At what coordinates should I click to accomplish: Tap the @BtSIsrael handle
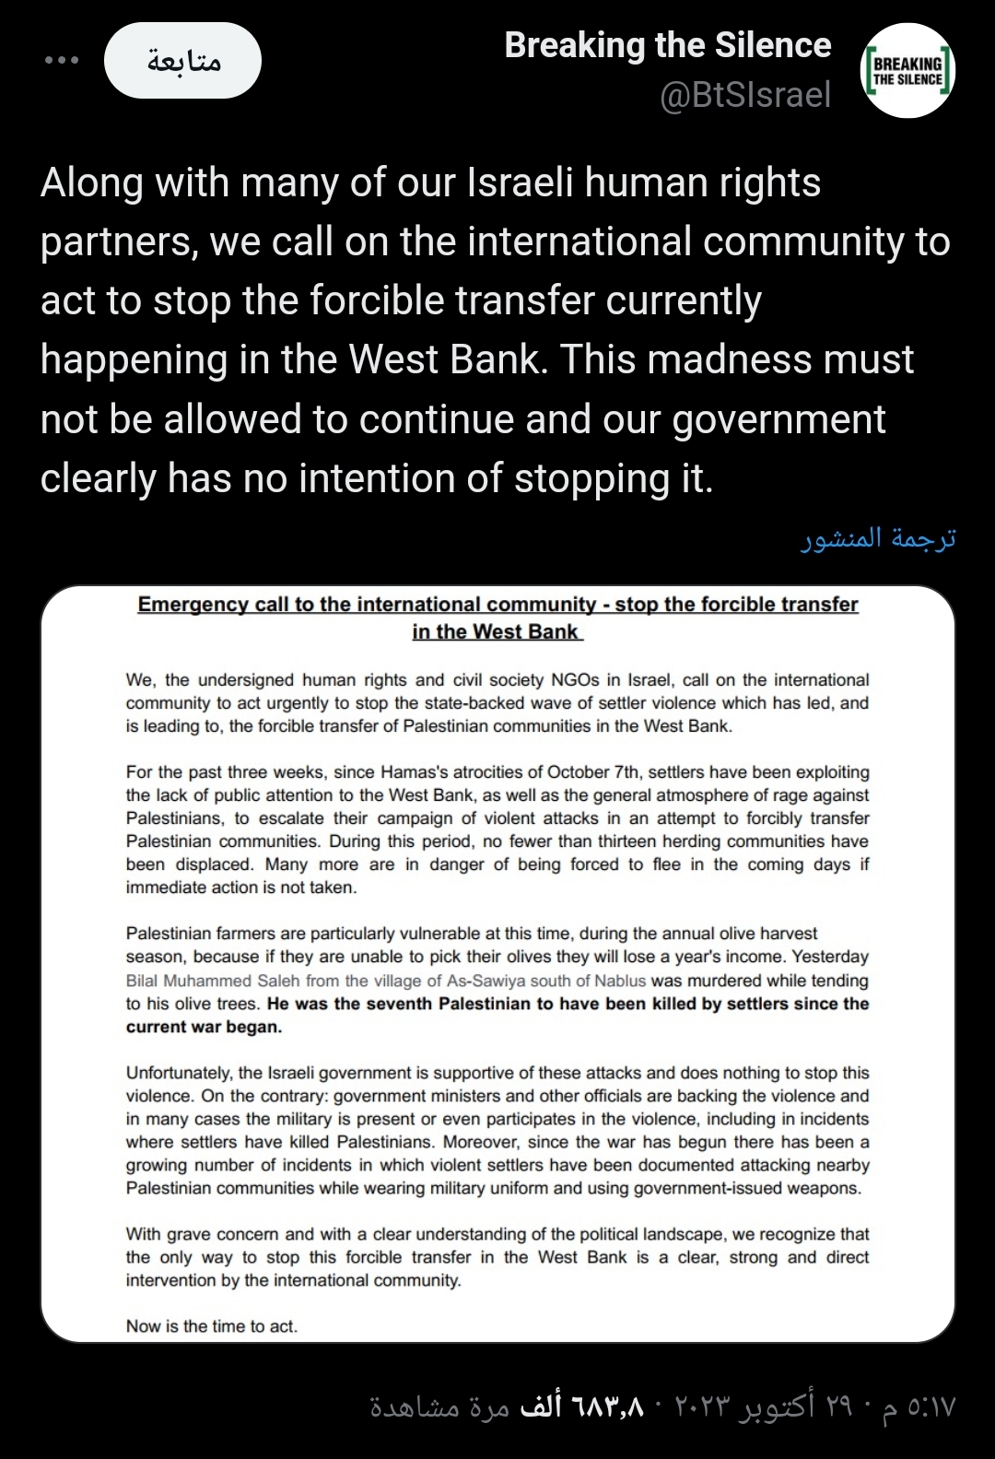(x=745, y=95)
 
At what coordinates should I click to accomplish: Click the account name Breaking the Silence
(x=667, y=45)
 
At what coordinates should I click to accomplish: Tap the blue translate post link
(x=878, y=538)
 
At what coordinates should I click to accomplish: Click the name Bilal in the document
(x=145, y=981)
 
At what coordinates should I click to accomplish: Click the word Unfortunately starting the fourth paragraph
(x=178, y=1073)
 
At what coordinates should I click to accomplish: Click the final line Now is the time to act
(x=212, y=1326)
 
